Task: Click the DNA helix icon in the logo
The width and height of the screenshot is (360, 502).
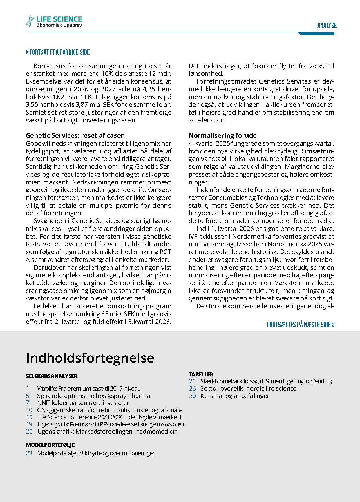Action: (30, 21)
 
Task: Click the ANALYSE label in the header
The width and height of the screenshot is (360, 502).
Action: (327, 26)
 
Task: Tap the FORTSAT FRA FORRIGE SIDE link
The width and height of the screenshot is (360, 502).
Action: (58, 52)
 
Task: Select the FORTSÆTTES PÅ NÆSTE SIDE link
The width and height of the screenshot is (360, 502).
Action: (301, 325)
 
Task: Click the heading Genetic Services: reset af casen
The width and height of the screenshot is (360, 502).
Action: (75, 135)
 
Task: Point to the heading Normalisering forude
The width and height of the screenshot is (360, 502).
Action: (222, 135)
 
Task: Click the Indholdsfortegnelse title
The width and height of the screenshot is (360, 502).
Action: (90, 358)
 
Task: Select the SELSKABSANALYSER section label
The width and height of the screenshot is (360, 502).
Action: (52, 376)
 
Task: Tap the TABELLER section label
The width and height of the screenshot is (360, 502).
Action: (201, 374)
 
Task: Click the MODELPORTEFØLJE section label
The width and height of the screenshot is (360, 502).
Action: (50, 445)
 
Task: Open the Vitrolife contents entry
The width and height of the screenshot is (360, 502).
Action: (89, 389)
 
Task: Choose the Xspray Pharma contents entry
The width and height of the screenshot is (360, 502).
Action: (93, 396)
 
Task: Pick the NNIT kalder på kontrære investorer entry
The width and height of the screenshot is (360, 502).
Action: (83, 403)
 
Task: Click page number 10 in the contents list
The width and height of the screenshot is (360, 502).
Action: (29, 410)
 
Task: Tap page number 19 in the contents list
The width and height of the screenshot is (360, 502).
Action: (29, 424)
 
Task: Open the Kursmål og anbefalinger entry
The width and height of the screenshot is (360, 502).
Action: (235, 396)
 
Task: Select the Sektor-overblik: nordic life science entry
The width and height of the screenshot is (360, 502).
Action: (248, 389)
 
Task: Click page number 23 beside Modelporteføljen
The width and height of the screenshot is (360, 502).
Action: (29, 453)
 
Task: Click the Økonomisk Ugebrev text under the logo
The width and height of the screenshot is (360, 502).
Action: (59, 26)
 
